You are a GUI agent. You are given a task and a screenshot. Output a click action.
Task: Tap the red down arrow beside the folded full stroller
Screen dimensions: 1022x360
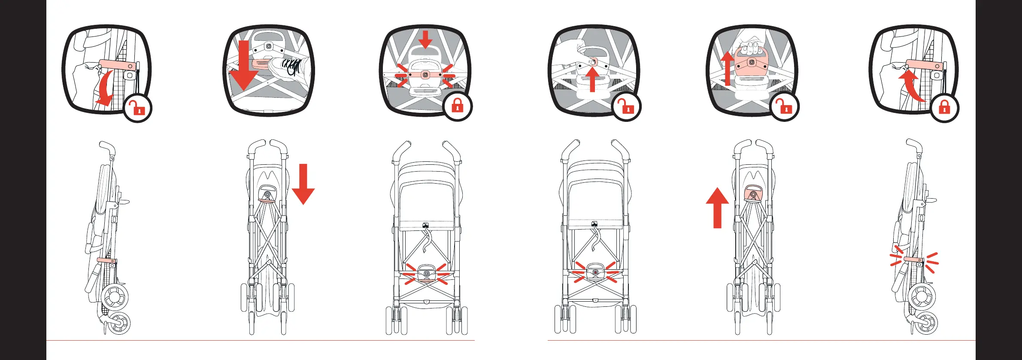(303, 184)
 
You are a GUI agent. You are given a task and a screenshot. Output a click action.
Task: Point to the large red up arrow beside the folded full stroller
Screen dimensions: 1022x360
(717, 208)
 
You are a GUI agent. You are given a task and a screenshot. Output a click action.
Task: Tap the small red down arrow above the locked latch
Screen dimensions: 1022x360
(425, 39)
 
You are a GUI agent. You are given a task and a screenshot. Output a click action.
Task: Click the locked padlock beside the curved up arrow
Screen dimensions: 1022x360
(944, 108)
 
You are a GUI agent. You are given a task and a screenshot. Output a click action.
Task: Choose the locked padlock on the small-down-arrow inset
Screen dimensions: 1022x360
(458, 106)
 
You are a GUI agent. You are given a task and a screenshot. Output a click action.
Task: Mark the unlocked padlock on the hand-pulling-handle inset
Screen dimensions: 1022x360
(785, 107)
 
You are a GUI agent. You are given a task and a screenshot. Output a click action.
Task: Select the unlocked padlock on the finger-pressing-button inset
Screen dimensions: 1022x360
(627, 107)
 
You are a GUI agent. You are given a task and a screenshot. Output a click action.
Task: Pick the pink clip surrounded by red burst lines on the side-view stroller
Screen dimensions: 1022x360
(913, 260)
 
